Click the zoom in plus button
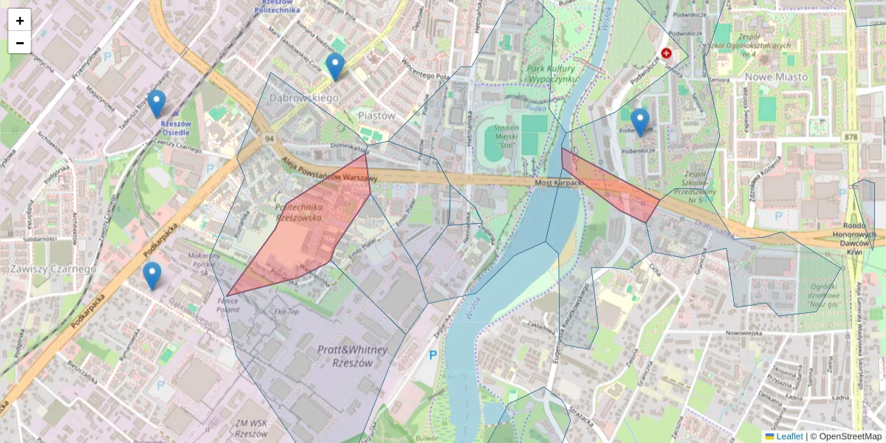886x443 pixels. pyautogui.click(x=20, y=21)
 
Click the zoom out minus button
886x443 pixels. pyautogui.click(x=20, y=43)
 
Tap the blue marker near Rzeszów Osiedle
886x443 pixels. pyautogui.click(x=156, y=104)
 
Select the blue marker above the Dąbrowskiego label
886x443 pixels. pyautogui.click(x=335, y=67)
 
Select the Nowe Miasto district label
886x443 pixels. pyautogui.click(x=776, y=77)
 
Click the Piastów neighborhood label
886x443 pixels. pyautogui.click(x=377, y=116)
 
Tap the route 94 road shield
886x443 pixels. pyautogui.click(x=270, y=139)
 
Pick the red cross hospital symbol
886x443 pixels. pyautogui.click(x=667, y=53)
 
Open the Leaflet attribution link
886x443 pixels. pyautogui.click(x=789, y=436)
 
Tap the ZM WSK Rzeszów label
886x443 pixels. pyautogui.click(x=251, y=428)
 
